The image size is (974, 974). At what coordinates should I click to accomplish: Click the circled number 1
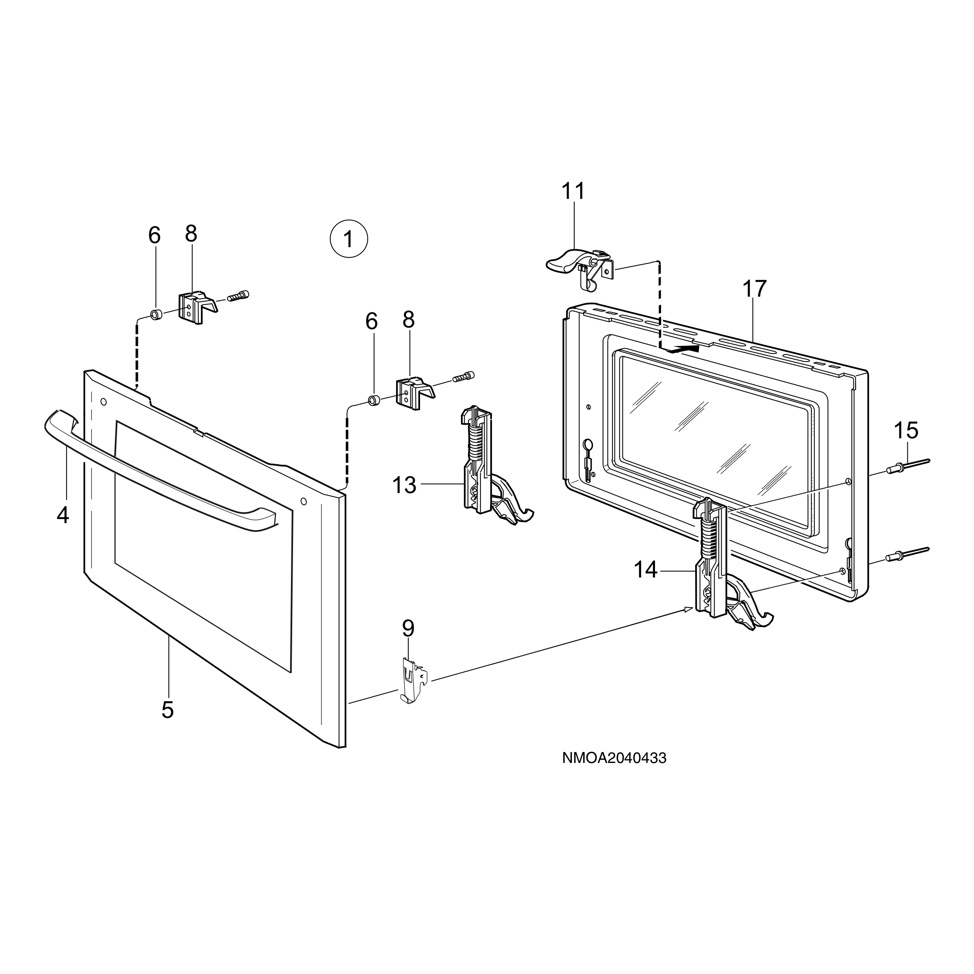349,239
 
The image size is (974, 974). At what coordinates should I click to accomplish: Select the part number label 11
574,192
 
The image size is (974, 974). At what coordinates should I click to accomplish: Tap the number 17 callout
754,289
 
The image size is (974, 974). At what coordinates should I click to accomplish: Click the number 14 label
646,570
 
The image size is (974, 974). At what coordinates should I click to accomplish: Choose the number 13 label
404,485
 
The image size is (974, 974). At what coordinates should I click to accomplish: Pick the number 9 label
408,629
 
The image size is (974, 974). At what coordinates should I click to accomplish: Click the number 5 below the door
168,710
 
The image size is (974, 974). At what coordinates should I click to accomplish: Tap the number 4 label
62,515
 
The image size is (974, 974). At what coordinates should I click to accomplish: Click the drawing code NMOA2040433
614,772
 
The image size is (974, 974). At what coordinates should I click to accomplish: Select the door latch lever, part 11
580,267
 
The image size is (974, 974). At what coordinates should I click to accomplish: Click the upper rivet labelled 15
907,466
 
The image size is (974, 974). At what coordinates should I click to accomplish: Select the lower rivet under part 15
907,554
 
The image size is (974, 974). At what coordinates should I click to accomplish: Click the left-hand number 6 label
155,235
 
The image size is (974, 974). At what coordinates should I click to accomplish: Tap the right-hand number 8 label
408,320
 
